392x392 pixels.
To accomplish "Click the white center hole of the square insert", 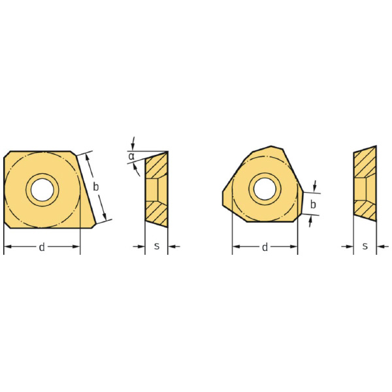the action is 42,189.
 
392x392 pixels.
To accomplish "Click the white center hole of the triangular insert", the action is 265,189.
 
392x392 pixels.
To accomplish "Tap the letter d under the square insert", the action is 42,247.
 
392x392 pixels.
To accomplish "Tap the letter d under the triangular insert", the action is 265,247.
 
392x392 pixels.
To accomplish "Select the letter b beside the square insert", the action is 96,187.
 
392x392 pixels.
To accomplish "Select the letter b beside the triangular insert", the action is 313,204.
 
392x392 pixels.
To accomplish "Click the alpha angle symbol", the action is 131,157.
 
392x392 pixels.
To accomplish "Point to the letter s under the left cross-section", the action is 157,246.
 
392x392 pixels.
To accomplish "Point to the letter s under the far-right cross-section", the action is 365,246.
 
